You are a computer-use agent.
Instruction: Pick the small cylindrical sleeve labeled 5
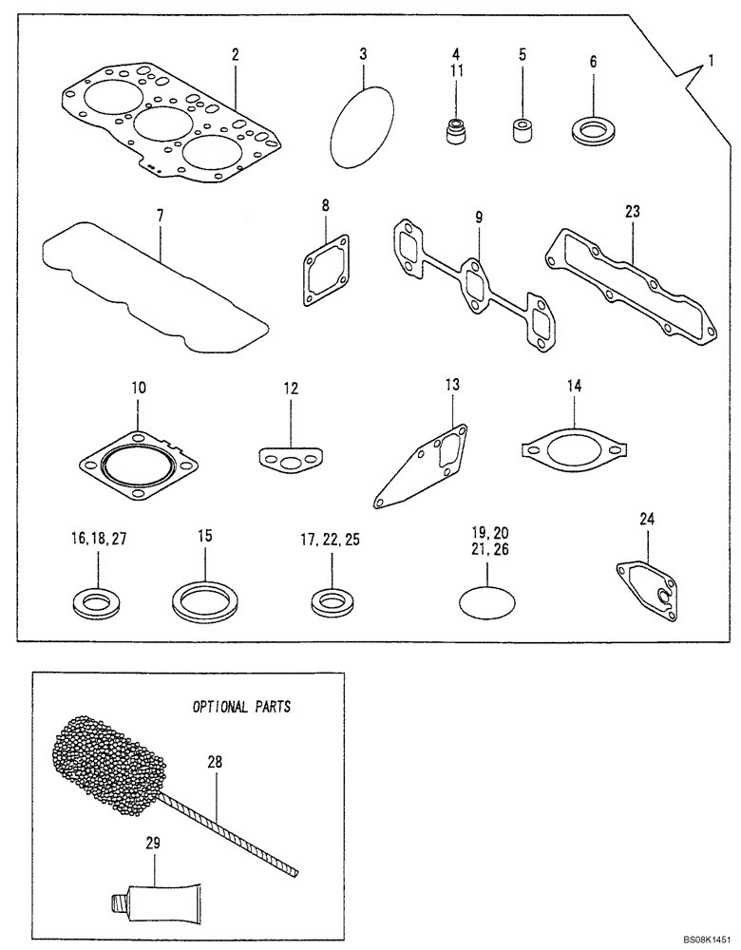tap(522, 130)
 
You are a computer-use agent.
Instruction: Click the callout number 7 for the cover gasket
tap(161, 217)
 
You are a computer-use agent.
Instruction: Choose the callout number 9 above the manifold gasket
tap(480, 218)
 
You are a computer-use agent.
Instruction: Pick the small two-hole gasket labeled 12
tap(289, 462)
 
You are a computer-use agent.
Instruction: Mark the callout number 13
tap(452, 384)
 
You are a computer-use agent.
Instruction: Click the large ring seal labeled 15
tap(204, 600)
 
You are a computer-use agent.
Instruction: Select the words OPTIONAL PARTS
tap(241, 707)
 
